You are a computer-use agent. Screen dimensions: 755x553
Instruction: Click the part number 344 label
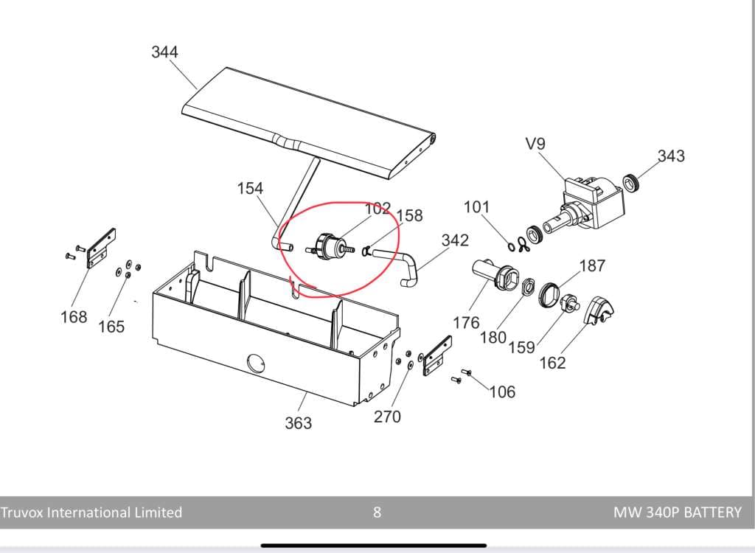click(x=164, y=52)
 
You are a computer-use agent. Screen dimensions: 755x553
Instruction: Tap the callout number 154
click(x=250, y=188)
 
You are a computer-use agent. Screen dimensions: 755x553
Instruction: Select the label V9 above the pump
click(x=535, y=144)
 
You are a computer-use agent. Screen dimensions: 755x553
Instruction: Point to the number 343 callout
click(x=671, y=156)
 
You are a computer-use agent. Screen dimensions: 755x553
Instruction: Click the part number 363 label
click(x=298, y=423)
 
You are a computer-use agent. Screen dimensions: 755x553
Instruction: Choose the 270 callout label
click(x=387, y=416)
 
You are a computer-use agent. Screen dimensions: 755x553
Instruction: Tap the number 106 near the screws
click(x=502, y=392)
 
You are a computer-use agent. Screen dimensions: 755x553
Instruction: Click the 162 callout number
click(x=552, y=362)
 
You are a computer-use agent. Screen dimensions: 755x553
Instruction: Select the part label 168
click(x=74, y=317)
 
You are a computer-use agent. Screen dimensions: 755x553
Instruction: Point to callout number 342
click(x=455, y=240)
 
